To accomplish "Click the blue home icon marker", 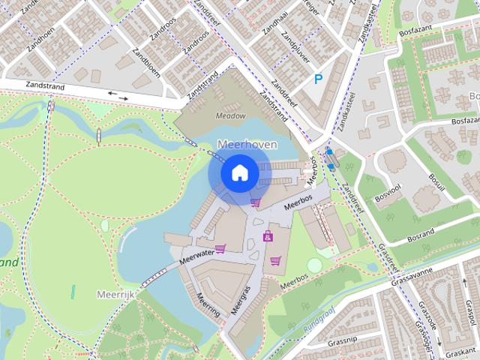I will click(239, 173).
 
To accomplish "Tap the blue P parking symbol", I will click(319, 79).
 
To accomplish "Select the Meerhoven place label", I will click(247, 144).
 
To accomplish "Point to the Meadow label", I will click(230, 116).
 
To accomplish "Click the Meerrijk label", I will click(115, 295).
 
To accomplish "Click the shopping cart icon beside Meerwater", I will click(220, 248).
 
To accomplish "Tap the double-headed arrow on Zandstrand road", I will click(118, 94).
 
